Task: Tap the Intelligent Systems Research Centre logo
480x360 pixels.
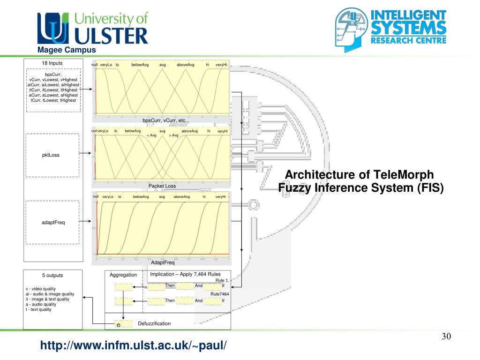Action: click(390, 29)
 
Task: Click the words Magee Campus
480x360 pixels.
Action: click(67, 50)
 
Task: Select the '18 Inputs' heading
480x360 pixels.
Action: click(52, 63)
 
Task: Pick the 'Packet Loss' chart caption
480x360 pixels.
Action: click(162, 186)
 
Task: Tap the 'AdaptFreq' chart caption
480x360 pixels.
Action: click(163, 263)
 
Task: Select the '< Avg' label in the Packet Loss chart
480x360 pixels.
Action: click(151, 135)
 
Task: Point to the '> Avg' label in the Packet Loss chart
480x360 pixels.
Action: click(173, 135)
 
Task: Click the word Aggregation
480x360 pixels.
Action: click(123, 275)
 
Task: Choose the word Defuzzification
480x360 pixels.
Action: click(154, 323)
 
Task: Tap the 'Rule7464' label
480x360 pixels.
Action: click(219, 294)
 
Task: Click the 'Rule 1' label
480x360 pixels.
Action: click(222, 280)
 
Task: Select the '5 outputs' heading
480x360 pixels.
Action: click(52, 275)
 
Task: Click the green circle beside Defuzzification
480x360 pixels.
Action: click(119, 325)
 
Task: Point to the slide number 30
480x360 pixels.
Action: click(446, 337)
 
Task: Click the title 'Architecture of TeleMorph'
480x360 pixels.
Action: click(360, 175)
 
